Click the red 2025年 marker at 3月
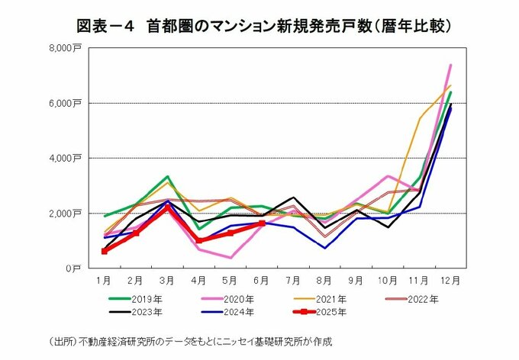tap(167, 207)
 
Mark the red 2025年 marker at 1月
tap(105, 251)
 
